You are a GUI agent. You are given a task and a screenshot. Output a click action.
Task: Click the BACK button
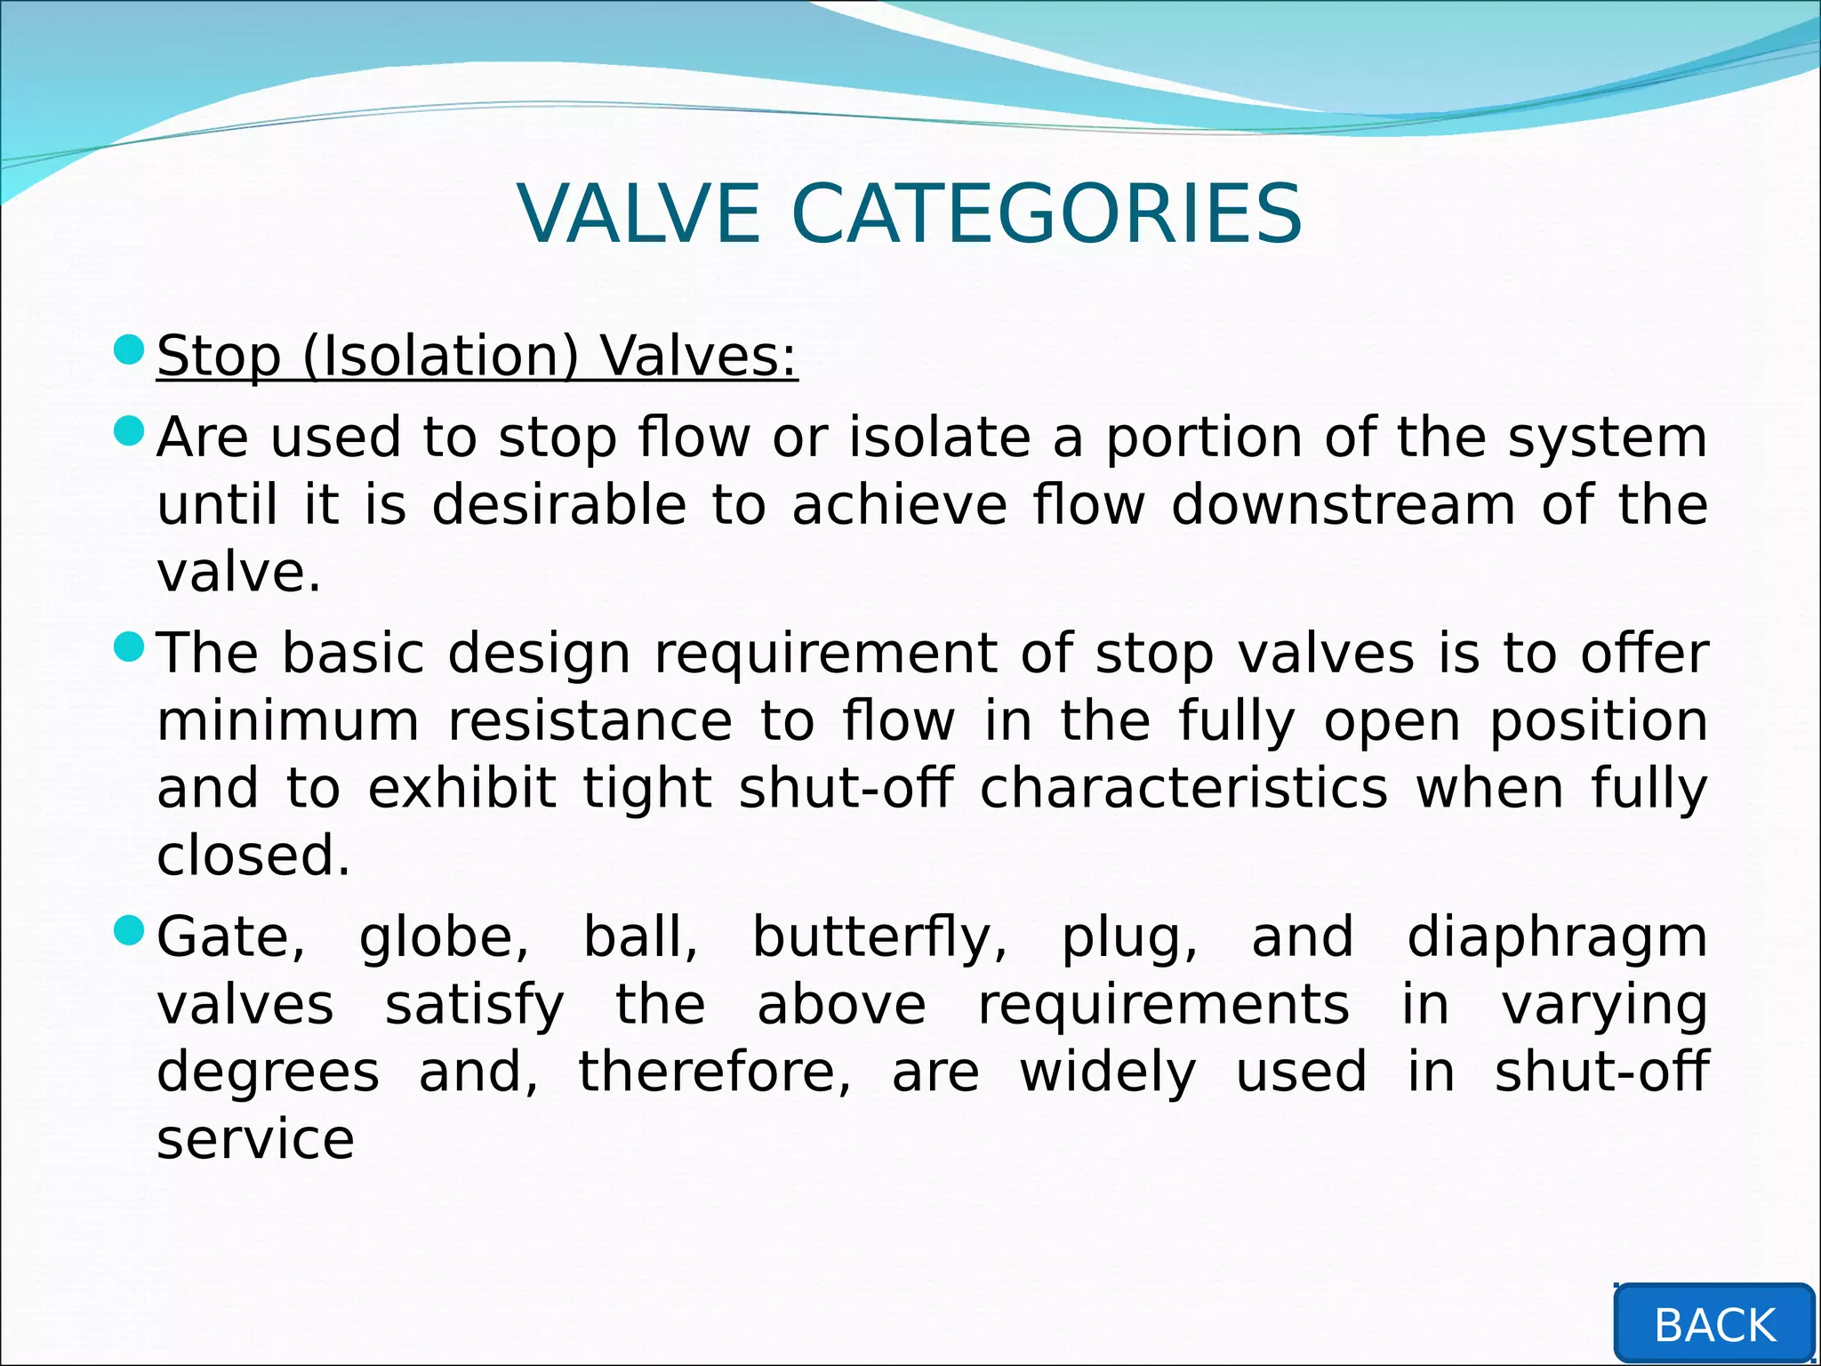(x=1713, y=1325)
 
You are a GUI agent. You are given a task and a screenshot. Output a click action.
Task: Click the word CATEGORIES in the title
(x=1046, y=214)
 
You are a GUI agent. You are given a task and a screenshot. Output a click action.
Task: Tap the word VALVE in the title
(x=638, y=214)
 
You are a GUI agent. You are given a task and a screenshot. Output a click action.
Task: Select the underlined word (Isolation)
(x=441, y=357)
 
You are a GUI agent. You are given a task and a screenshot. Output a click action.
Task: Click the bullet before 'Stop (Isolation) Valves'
(x=130, y=350)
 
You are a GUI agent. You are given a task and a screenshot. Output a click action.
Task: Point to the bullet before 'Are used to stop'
(x=130, y=432)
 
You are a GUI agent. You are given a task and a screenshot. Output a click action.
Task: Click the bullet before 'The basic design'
(x=130, y=647)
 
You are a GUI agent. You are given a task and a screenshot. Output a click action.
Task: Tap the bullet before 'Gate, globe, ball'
(x=130, y=931)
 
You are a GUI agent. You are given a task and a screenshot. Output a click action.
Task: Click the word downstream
(x=1343, y=505)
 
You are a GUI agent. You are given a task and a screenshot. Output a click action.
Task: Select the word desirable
(x=559, y=505)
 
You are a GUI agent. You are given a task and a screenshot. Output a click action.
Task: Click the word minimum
(x=287, y=720)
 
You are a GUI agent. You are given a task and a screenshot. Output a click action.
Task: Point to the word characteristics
(x=1183, y=788)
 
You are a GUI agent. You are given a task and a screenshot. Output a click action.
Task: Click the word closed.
(x=253, y=856)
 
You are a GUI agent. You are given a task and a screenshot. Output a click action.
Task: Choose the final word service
(x=255, y=1140)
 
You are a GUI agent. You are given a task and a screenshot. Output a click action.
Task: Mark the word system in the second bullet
(x=1607, y=439)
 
